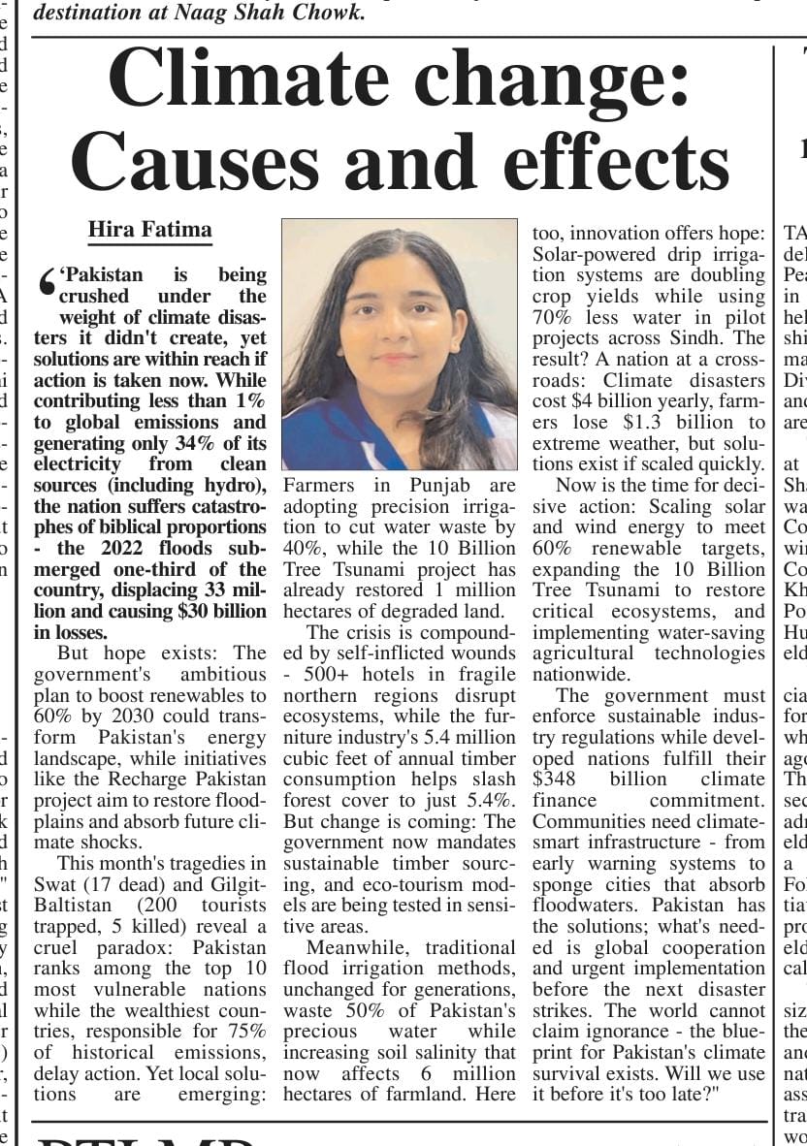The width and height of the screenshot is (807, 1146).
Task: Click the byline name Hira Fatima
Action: point(149,230)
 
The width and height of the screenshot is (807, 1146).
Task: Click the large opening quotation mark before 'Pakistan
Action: point(45,282)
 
